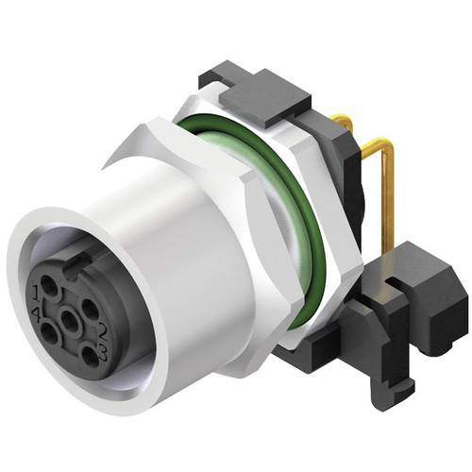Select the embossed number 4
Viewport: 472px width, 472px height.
pos(35,312)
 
